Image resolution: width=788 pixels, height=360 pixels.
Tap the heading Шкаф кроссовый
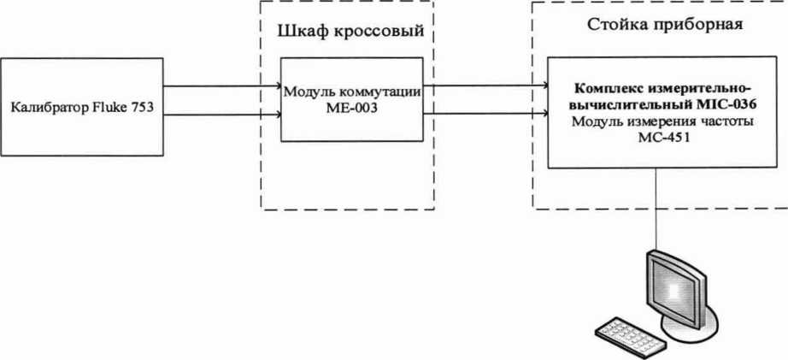[x=351, y=33]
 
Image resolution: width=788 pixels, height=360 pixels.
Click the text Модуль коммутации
[x=352, y=91]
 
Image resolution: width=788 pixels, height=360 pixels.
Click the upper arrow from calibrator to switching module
[x=222, y=86]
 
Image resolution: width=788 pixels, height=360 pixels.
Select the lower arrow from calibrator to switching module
[x=222, y=115]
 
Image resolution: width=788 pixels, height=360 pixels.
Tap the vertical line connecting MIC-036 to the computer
[x=656, y=210]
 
